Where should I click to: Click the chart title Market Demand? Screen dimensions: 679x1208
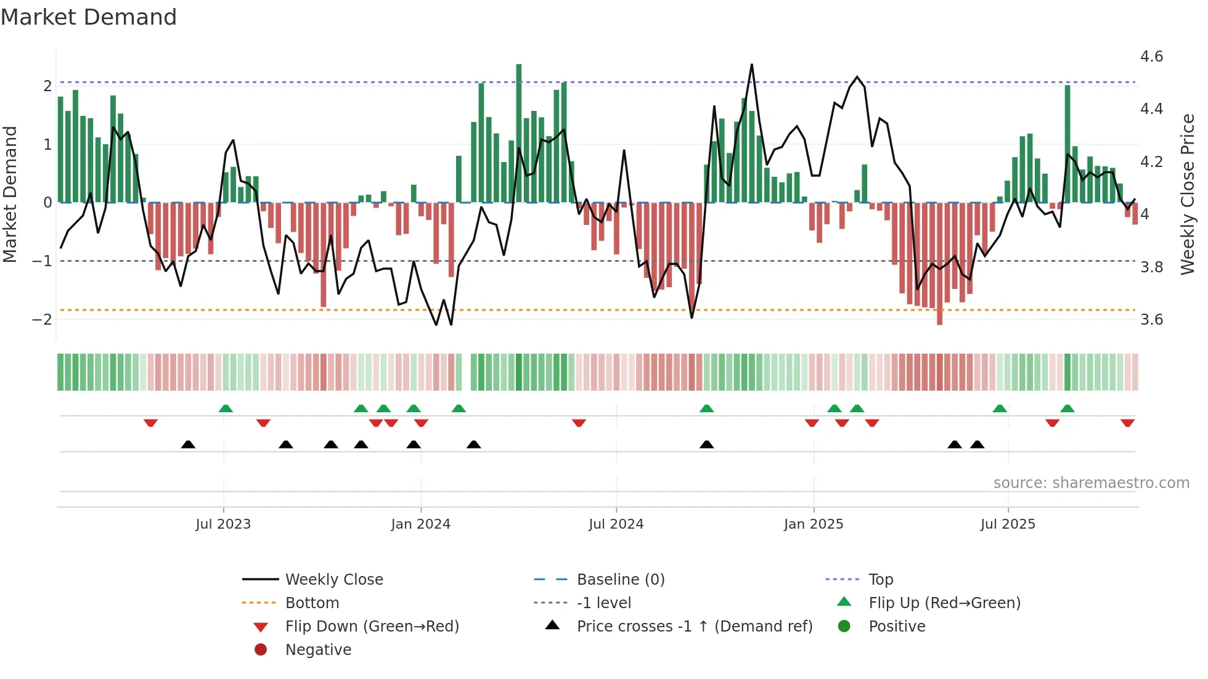[89, 17]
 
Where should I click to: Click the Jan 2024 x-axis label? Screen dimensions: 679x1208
[420, 524]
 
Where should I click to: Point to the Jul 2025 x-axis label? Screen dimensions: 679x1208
[1008, 524]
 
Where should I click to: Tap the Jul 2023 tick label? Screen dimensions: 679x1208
[223, 524]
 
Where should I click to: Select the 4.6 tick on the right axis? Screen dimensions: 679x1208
[1151, 57]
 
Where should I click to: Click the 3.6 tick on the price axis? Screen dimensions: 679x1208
[1151, 320]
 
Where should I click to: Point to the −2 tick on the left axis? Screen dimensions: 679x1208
[42, 320]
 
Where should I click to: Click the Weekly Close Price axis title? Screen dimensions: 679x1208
[1187, 194]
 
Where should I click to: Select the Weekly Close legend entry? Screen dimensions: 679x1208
[333, 580]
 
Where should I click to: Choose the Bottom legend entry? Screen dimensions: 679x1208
[312, 603]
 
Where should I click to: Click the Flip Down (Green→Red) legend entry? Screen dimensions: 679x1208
[372, 627]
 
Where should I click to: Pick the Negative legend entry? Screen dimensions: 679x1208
[318, 650]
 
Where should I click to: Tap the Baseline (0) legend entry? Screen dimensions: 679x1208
[620, 580]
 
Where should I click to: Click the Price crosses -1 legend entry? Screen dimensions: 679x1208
[694, 627]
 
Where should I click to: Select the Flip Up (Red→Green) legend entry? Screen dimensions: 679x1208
[944, 603]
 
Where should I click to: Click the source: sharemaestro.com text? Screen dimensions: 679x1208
[1091, 483]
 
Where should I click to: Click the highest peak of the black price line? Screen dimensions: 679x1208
[752, 65]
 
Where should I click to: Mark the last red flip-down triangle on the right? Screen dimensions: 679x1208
[1127, 423]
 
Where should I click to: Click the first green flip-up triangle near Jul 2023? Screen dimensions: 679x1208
[226, 409]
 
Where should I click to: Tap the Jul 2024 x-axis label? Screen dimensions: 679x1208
[616, 524]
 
